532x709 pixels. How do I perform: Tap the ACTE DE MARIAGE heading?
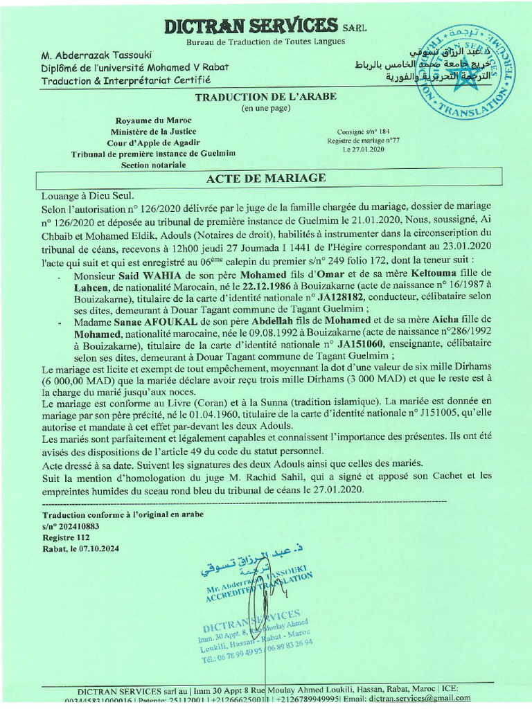pyautogui.click(x=266, y=179)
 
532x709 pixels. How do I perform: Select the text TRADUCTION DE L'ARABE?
pyautogui.click(x=266, y=97)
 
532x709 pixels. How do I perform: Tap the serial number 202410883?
pyautogui.click(x=80, y=526)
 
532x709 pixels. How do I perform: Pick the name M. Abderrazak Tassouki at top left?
pyautogui.click(x=96, y=55)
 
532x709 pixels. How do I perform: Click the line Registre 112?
pyautogui.click(x=66, y=537)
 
